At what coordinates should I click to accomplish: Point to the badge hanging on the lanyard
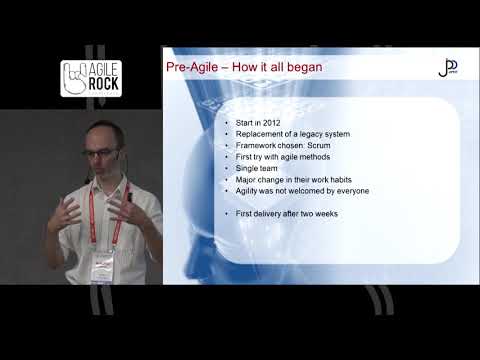point(103,266)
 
